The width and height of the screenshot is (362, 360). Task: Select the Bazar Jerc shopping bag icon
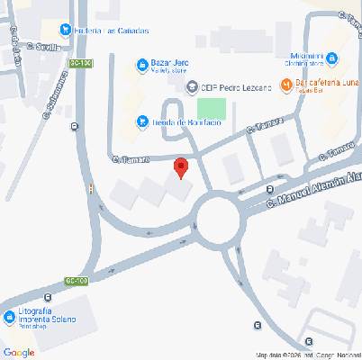(141, 64)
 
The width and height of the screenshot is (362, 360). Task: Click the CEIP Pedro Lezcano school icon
(191, 87)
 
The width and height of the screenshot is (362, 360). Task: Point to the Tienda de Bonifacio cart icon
(141, 121)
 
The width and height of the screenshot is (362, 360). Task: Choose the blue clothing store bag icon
(331, 58)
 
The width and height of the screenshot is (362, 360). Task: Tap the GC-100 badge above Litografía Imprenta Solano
(77, 281)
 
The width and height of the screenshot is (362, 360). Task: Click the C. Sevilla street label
(42, 47)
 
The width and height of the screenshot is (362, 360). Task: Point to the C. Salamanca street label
(60, 91)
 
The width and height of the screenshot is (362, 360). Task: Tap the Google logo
(19, 352)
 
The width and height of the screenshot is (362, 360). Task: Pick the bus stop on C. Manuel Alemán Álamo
(269, 189)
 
